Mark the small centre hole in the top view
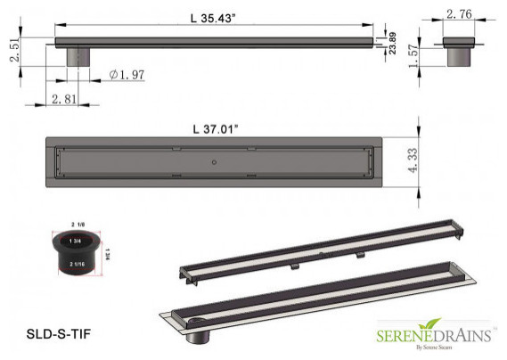point(213,163)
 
